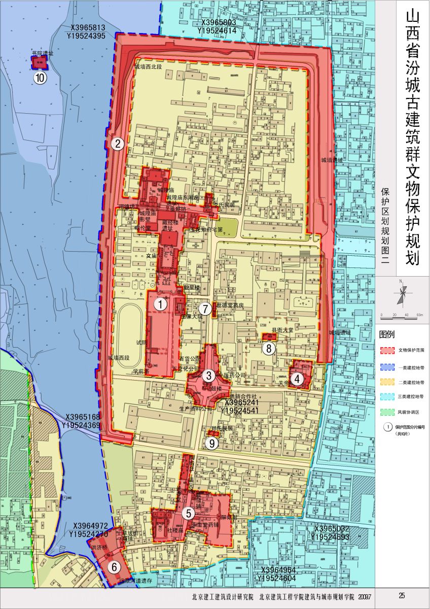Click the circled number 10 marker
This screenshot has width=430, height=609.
[40, 78]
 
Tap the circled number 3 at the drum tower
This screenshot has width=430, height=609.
[208, 376]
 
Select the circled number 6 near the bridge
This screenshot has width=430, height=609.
[115, 566]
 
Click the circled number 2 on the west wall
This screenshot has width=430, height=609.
[118, 144]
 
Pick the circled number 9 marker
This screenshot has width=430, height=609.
[212, 443]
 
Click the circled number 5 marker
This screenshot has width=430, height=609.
[189, 513]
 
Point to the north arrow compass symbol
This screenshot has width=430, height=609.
[403, 294]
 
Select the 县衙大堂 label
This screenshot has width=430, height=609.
[282, 330]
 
